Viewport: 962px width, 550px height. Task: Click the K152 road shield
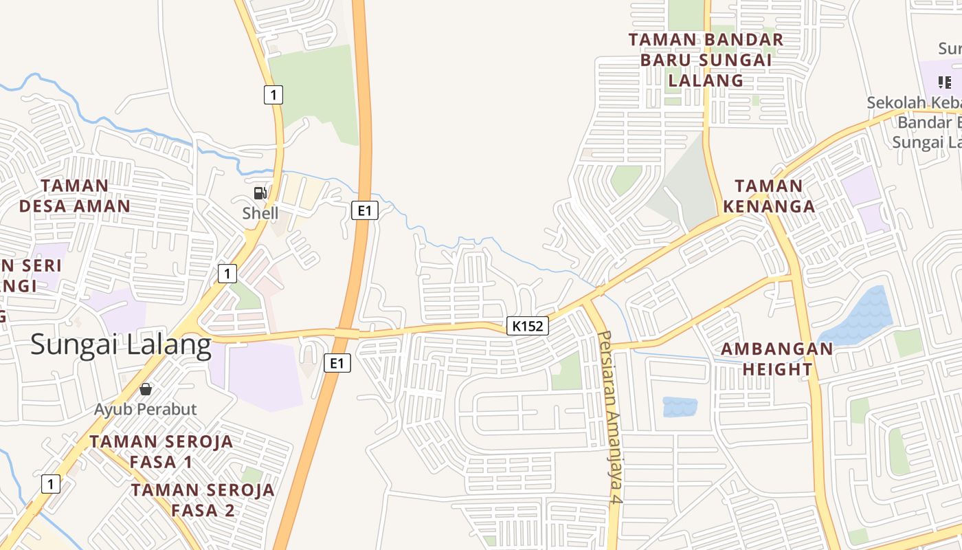click(528, 326)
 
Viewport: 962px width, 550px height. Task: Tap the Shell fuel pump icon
click(260, 193)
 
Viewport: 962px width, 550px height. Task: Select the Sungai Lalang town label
click(121, 344)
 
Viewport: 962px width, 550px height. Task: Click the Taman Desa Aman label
click(74, 196)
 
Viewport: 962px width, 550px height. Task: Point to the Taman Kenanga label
click(769, 196)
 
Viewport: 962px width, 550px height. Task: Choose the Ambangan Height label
click(776, 359)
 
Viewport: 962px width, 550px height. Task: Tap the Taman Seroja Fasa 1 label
click(161, 451)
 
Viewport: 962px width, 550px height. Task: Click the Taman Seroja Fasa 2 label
click(203, 500)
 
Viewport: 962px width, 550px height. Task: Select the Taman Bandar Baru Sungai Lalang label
click(706, 60)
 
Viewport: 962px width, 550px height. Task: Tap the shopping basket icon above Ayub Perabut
click(146, 389)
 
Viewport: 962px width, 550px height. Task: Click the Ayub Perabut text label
click(146, 409)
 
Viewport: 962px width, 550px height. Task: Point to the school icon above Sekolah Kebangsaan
click(945, 82)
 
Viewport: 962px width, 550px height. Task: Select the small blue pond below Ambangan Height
click(680, 406)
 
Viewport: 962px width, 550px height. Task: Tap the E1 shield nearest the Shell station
click(365, 210)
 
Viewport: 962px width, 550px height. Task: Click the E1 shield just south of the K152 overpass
click(337, 362)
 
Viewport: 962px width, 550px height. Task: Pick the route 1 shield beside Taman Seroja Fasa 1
click(50, 484)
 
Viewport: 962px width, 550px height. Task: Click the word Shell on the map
click(260, 213)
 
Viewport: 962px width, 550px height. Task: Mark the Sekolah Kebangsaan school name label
click(914, 122)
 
